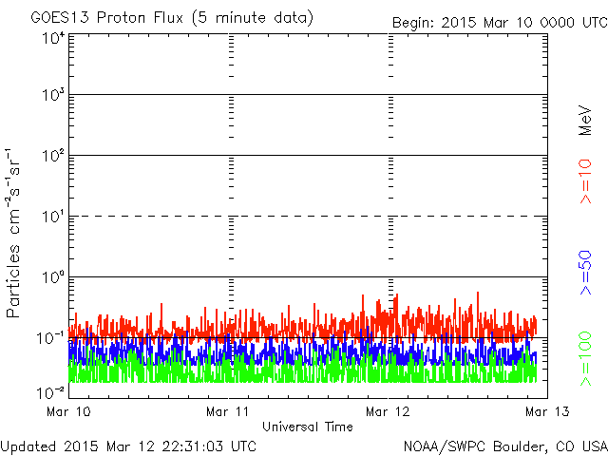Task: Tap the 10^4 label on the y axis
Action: click(53, 39)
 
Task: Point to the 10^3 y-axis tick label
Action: click(53, 95)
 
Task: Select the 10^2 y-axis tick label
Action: click(53, 156)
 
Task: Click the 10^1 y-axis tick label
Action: click(53, 217)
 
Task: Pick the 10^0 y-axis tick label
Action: click(53, 277)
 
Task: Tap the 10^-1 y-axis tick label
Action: click(50, 338)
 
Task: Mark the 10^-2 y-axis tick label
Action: click(50, 393)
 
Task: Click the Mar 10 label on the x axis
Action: click(68, 411)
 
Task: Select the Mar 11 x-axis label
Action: click(228, 411)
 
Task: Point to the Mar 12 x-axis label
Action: click(388, 411)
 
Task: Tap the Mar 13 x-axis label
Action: click(547, 411)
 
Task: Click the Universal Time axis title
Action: click(308, 427)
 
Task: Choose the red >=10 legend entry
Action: click(585, 181)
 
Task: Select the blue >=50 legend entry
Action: click(585, 273)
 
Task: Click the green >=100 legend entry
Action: click(585, 359)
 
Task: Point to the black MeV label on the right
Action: click(585, 121)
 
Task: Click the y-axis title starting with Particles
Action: click(13, 233)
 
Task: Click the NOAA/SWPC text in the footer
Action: click(445, 446)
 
